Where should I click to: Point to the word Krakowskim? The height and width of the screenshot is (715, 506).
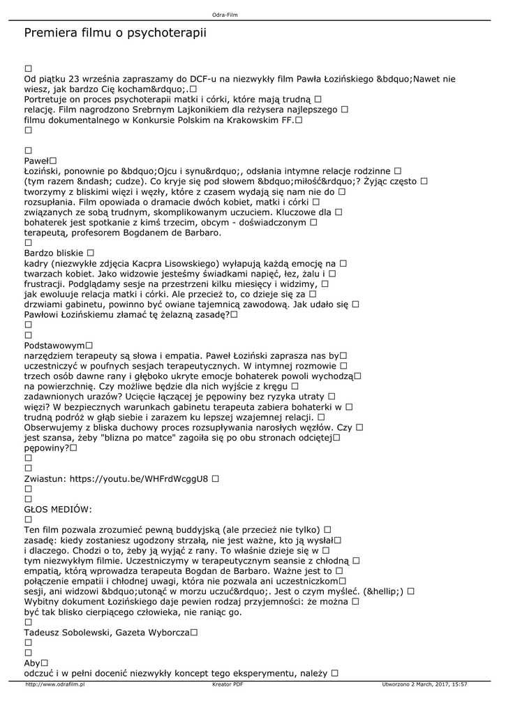[241, 121]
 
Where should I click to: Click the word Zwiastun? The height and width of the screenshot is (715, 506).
[44, 479]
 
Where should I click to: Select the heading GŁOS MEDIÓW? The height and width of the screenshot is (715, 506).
[58, 510]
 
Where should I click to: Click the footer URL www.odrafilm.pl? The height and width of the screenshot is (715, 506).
[54, 685]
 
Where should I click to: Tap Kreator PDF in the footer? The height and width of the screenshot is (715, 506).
[228, 685]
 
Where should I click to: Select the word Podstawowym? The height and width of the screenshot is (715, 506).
[54, 345]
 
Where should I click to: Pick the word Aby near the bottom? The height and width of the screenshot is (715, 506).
[32, 663]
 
